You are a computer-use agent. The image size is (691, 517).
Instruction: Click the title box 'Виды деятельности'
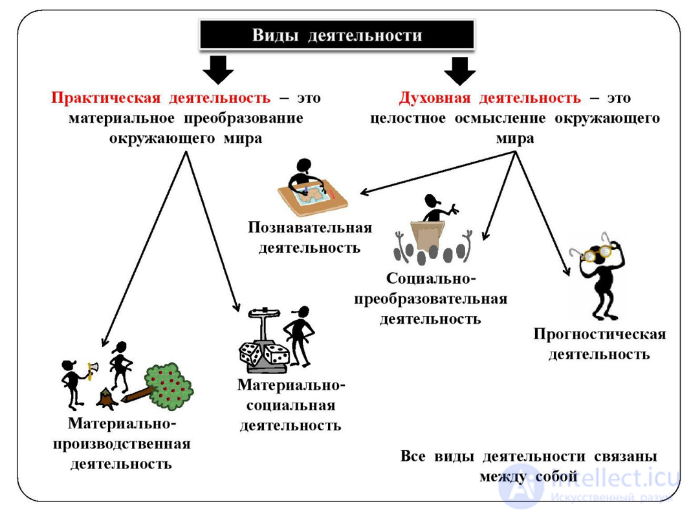point(336,35)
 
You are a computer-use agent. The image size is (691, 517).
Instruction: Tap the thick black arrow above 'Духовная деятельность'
point(460,70)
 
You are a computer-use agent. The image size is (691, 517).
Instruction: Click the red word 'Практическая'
point(105,98)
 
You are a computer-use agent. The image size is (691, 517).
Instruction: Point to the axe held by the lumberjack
point(92,369)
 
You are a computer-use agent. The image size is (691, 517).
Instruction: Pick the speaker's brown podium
point(428,236)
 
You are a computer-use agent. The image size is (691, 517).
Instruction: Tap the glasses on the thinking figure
point(598,253)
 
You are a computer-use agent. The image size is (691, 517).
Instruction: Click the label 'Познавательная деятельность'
point(310,237)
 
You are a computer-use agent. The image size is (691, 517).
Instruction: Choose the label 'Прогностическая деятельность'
point(599,344)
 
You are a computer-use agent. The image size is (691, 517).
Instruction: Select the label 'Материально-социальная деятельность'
point(291,405)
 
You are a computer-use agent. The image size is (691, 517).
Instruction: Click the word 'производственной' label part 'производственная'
point(122,444)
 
